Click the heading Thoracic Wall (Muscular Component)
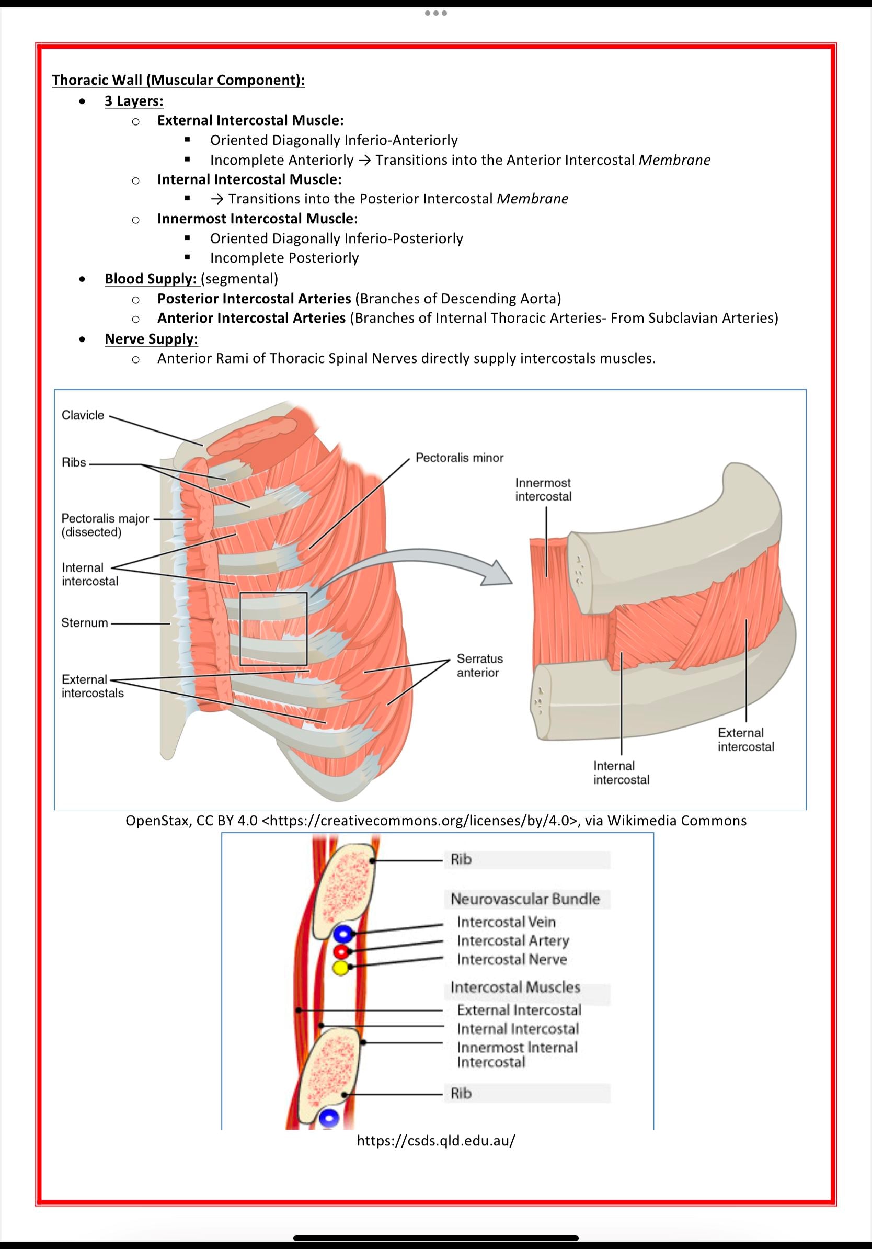(x=178, y=80)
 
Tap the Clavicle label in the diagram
(x=83, y=415)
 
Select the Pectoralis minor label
(x=460, y=458)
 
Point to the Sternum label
(x=84, y=623)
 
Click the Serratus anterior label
(x=479, y=665)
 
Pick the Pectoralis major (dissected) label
(x=105, y=525)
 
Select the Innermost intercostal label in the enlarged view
(x=543, y=490)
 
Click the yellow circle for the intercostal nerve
(x=341, y=968)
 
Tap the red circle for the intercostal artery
(x=341, y=951)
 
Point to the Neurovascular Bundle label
(x=525, y=899)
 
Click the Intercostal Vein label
(x=506, y=922)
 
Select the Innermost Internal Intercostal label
(x=517, y=1055)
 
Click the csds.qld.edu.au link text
(x=435, y=1141)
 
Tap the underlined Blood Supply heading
(x=150, y=279)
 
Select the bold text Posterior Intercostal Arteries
(x=254, y=299)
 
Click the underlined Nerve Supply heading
(x=151, y=339)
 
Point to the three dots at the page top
(x=436, y=13)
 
